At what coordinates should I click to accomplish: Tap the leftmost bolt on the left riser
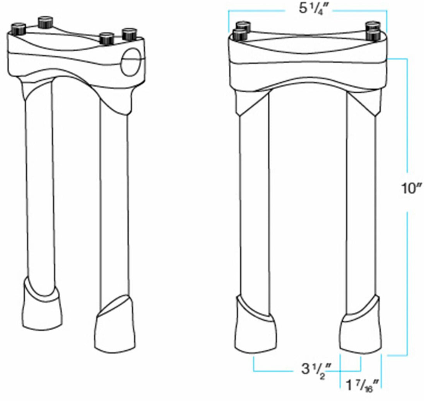click(x=18, y=29)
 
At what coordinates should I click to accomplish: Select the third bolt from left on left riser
click(x=106, y=39)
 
